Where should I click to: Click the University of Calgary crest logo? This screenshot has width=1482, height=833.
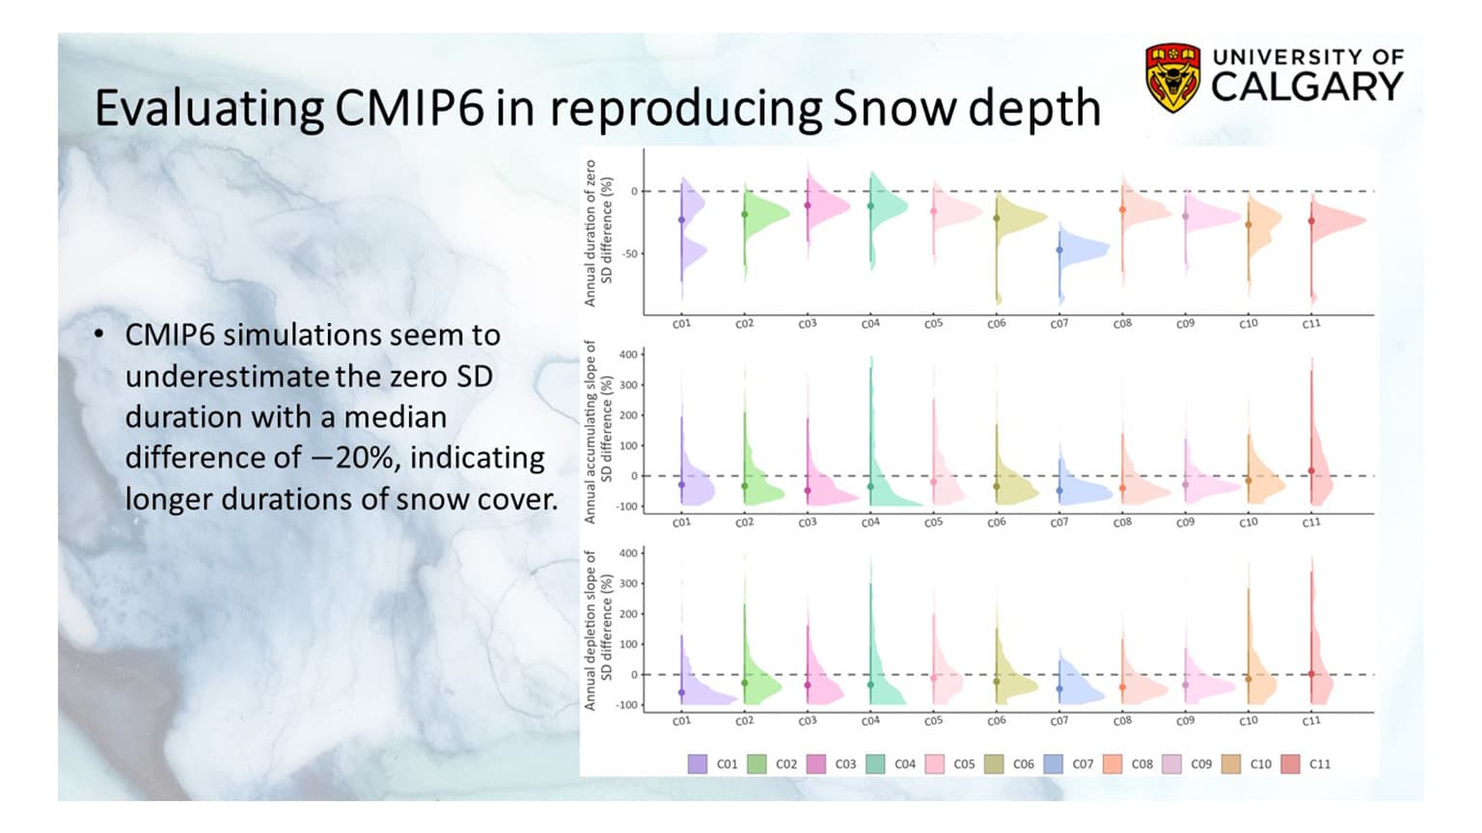click(x=1172, y=76)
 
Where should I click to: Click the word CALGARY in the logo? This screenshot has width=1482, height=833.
click(x=1306, y=87)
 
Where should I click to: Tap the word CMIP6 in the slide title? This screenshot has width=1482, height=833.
click(x=409, y=108)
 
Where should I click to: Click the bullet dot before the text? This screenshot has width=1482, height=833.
click(x=99, y=335)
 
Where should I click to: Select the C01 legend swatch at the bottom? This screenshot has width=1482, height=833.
click(x=697, y=764)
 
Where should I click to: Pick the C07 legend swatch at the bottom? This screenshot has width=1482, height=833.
click(x=1053, y=764)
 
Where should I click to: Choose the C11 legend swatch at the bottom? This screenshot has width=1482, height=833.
click(x=1290, y=764)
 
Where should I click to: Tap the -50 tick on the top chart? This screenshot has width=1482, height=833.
click(x=628, y=254)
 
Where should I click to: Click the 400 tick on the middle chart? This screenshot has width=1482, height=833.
click(x=627, y=355)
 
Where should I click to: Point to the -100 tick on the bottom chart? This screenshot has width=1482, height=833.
click(x=627, y=705)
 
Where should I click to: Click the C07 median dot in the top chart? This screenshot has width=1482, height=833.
click(x=1059, y=250)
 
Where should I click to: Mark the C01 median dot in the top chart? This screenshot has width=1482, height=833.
click(x=681, y=220)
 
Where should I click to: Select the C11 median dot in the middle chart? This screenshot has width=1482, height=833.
click(x=1311, y=470)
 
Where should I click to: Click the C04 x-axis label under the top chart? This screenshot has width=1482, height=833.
click(x=870, y=324)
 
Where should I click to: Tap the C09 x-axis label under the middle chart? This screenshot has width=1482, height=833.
click(x=1185, y=523)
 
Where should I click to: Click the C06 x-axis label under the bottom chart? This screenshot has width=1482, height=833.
click(x=997, y=721)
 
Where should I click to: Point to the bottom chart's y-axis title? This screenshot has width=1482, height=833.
click(x=598, y=631)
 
